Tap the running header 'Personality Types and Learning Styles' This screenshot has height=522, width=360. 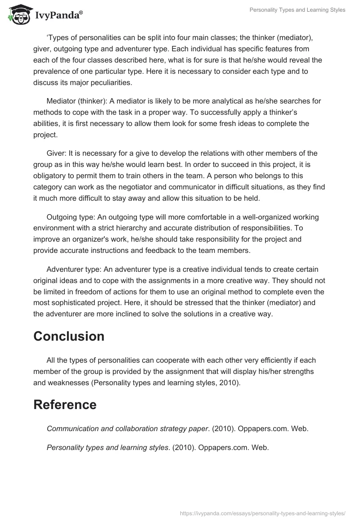coord(297,10)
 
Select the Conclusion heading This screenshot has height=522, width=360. coord(69,336)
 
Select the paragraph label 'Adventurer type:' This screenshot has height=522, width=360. coord(74,270)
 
